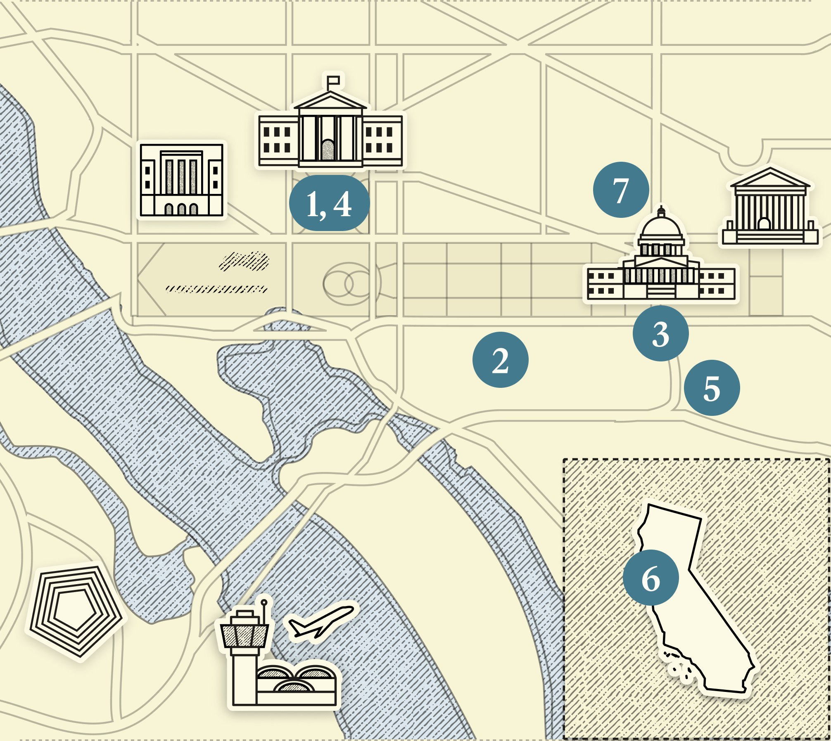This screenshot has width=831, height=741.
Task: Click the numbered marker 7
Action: pos(621,190)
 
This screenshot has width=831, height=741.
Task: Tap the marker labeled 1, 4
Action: pos(329,203)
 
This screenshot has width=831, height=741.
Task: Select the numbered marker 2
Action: pos(500,360)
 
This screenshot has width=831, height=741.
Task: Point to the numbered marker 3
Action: pos(660,333)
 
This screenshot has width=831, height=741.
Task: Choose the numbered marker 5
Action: pos(712,388)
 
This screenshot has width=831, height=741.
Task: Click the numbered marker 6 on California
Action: pos(651,578)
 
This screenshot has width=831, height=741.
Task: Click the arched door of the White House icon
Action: pos(328,150)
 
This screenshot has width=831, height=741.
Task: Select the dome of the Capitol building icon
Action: pos(661,227)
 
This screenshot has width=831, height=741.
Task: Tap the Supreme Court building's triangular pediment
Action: pos(770,179)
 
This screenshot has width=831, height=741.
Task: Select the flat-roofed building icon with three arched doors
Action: pos(182,180)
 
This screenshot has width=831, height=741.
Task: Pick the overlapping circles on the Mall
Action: pos(349,284)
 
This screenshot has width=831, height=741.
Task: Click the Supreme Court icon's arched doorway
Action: pos(764,224)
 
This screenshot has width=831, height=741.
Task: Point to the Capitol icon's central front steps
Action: pos(661,291)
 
